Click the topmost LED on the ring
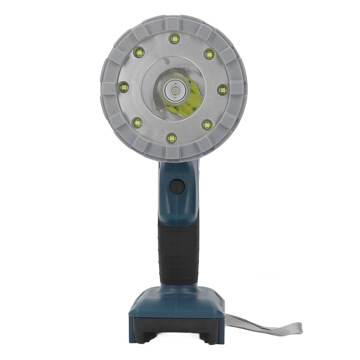[x=174, y=39]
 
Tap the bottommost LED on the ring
[x=171, y=138]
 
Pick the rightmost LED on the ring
[x=222, y=90]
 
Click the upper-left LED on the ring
[x=139, y=52]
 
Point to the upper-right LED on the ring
[x=209, y=54]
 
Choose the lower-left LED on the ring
[x=137, y=122]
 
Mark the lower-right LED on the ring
[x=207, y=125]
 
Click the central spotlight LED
[x=175, y=90]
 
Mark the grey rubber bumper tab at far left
[x=107, y=88]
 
